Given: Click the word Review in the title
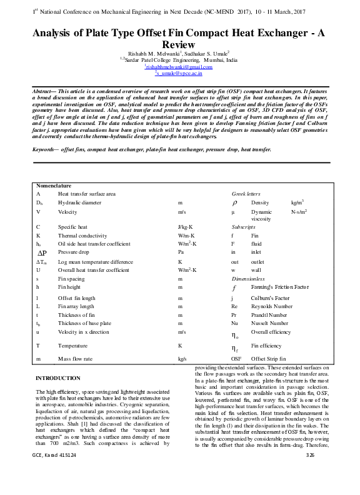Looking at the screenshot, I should [x=179, y=45].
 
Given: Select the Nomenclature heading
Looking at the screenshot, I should [x=54, y=186].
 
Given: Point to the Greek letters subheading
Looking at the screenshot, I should [x=246, y=194].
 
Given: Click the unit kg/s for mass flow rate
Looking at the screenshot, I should [x=182, y=359].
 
